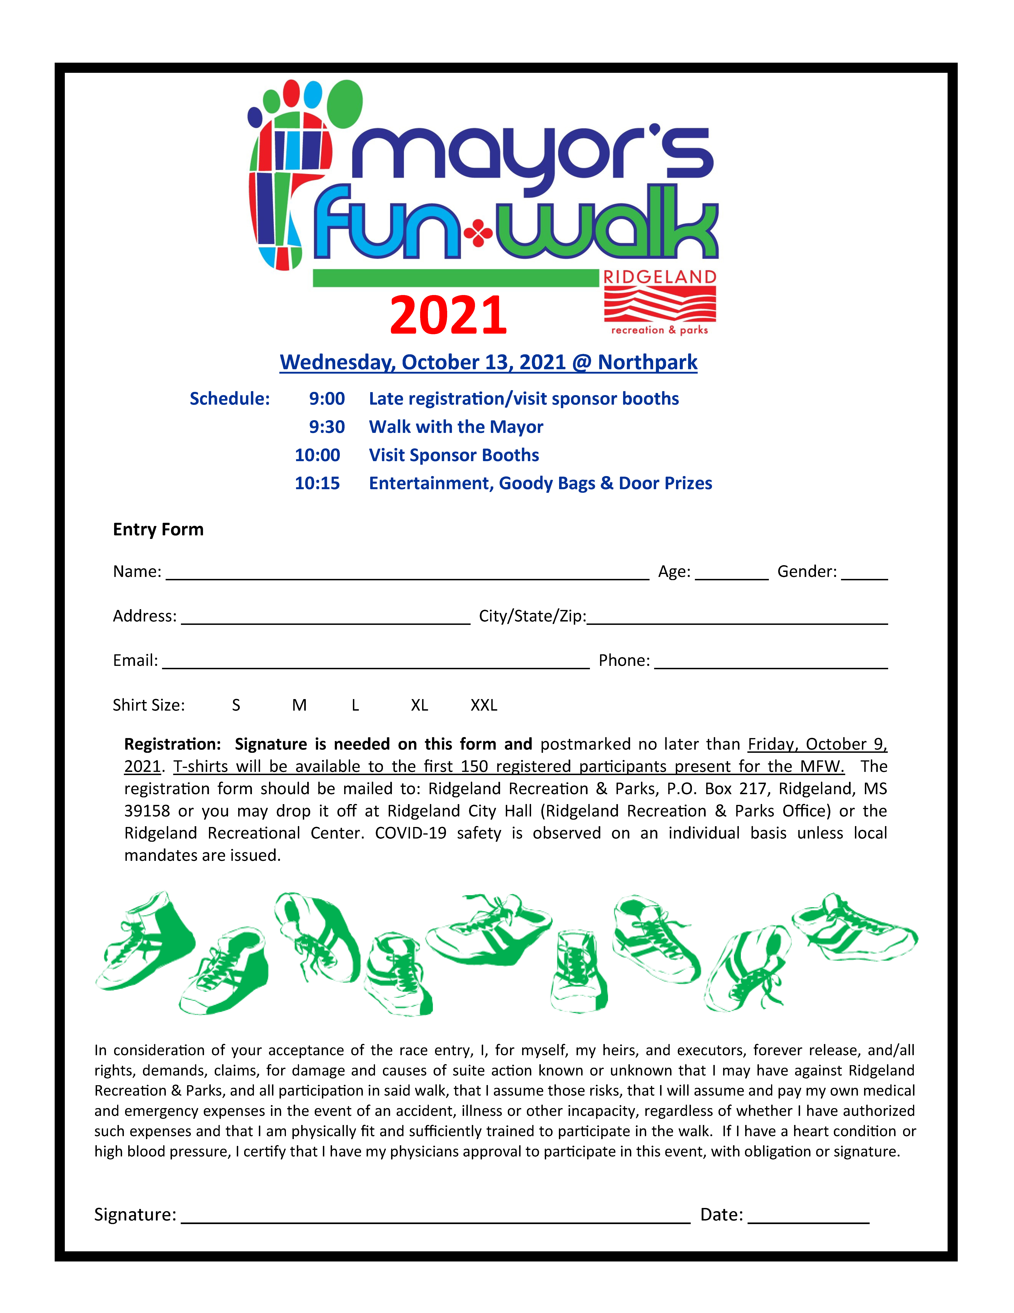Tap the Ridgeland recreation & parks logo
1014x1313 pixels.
[659, 302]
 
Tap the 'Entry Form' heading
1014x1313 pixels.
[158, 530]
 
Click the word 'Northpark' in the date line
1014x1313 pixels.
[648, 362]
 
